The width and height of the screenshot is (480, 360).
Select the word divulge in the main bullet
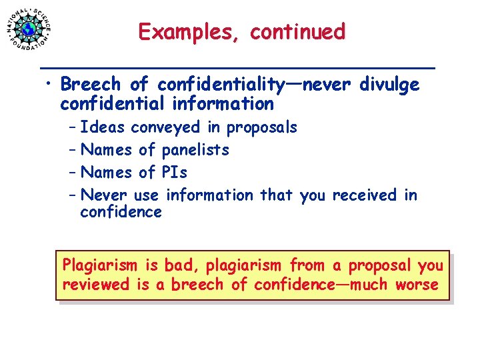click(x=389, y=85)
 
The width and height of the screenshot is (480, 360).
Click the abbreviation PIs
click(x=175, y=173)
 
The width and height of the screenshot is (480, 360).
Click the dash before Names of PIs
click(x=71, y=173)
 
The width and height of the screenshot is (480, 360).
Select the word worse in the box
click(x=417, y=285)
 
